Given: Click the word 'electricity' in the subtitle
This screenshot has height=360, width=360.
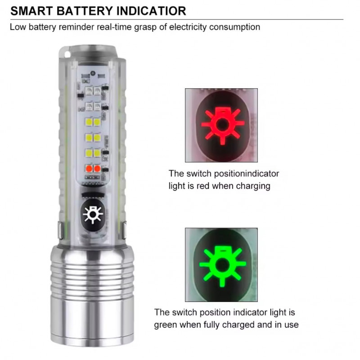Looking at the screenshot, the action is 188,27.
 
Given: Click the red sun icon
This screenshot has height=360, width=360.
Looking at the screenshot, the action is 223,125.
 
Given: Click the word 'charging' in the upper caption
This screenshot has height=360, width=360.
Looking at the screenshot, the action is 253,186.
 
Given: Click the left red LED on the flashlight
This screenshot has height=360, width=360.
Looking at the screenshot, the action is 89,169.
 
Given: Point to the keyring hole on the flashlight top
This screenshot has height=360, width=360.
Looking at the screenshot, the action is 67,54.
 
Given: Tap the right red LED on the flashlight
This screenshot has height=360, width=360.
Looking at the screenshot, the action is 97,169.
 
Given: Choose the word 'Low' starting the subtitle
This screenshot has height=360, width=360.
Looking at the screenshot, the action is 18,27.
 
